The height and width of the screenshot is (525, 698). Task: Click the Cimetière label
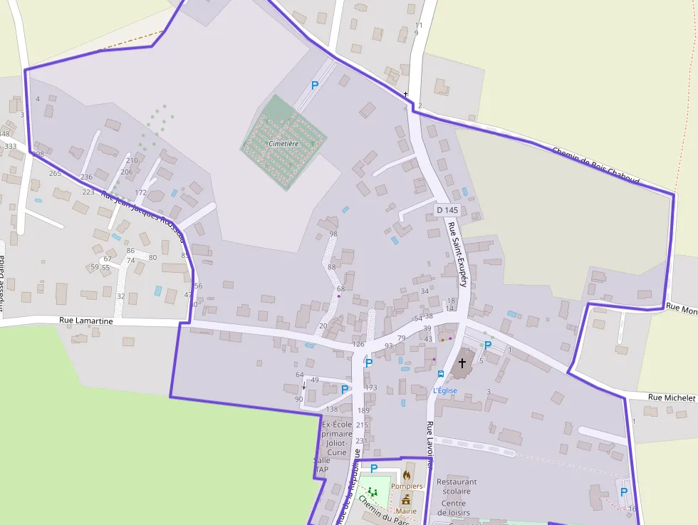283,144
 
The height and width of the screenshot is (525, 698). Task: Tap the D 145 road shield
447,210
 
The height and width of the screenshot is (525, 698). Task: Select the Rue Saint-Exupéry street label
457,254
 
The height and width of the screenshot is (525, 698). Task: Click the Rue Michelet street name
671,397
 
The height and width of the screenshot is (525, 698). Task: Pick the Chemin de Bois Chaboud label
595,166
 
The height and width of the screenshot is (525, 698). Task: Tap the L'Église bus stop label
445,390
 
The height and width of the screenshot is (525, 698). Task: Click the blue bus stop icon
441,374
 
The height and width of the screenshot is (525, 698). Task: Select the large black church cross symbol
462,363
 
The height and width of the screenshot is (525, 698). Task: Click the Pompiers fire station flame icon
407,474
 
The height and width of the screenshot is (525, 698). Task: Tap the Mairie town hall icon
407,499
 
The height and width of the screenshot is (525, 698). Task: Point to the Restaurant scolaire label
457,487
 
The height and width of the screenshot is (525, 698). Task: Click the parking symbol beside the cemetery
314,85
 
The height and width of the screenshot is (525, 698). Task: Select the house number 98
333,234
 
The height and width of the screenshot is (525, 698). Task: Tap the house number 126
358,345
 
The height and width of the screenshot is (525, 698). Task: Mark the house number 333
11,146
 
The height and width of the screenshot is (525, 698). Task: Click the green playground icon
372,492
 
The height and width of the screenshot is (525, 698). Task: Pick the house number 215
362,425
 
